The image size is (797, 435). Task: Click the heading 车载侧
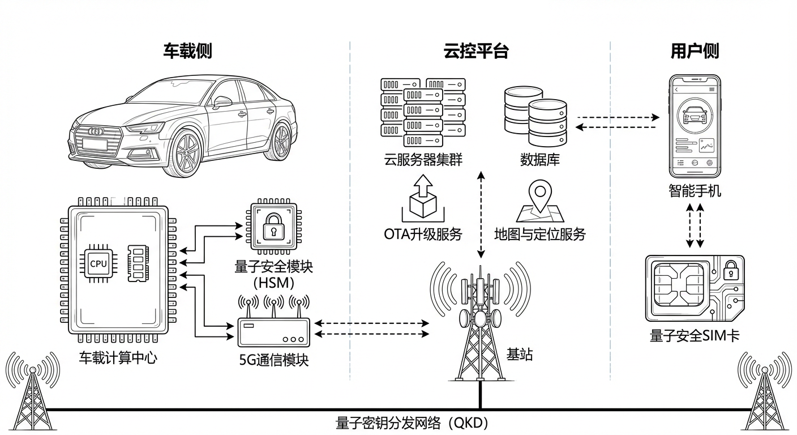(187, 52)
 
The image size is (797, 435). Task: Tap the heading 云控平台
(475, 52)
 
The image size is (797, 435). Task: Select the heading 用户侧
(695, 52)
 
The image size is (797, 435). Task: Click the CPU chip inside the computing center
(98, 264)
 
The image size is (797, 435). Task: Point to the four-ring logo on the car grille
(96, 131)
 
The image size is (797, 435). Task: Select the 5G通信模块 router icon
(273, 331)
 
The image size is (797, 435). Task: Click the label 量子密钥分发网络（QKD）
(412, 423)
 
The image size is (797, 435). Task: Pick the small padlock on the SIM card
(730, 269)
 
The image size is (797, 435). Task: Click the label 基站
(520, 355)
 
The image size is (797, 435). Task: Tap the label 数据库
(539, 160)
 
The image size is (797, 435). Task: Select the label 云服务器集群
(423, 160)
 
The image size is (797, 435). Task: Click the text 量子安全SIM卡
(695, 335)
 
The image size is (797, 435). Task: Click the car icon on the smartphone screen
(695, 115)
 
